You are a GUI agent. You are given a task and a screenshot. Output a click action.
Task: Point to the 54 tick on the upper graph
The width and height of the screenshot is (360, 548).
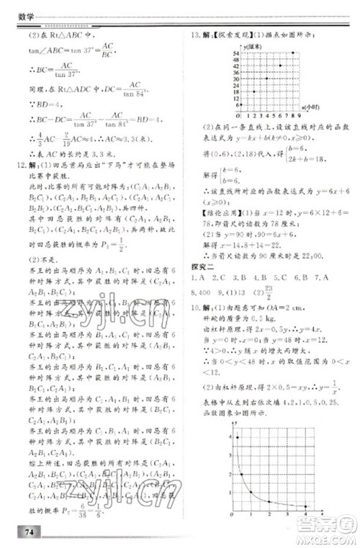coord(235,52)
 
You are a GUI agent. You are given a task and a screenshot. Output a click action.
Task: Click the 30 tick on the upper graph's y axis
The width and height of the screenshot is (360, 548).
coord(235,78)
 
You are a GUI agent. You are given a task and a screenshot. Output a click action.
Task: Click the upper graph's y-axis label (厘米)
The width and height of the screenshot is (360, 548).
coord(251,45)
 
